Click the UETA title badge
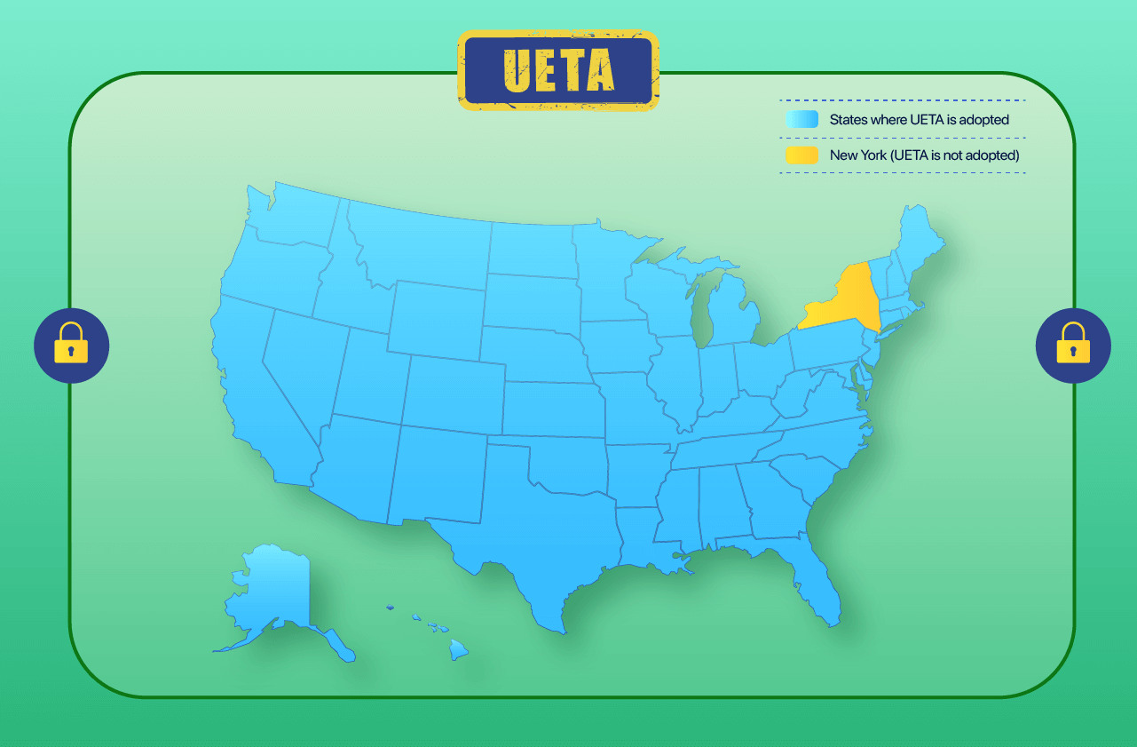(558, 71)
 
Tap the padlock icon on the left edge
(71, 346)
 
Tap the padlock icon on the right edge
(1073, 346)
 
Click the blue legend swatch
(801, 120)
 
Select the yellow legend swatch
(801, 155)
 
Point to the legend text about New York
(924, 155)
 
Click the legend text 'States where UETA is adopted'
(919, 120)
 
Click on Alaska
(271, 595)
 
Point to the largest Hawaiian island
(458, 650)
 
